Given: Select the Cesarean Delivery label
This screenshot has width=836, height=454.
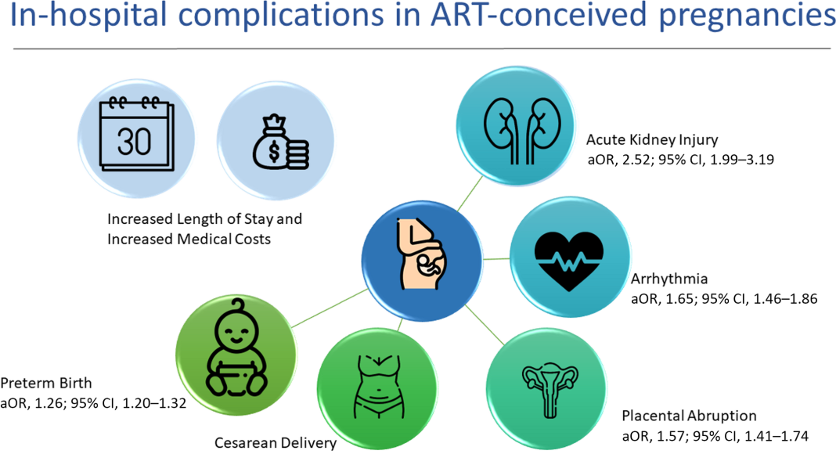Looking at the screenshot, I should point(276,444).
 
